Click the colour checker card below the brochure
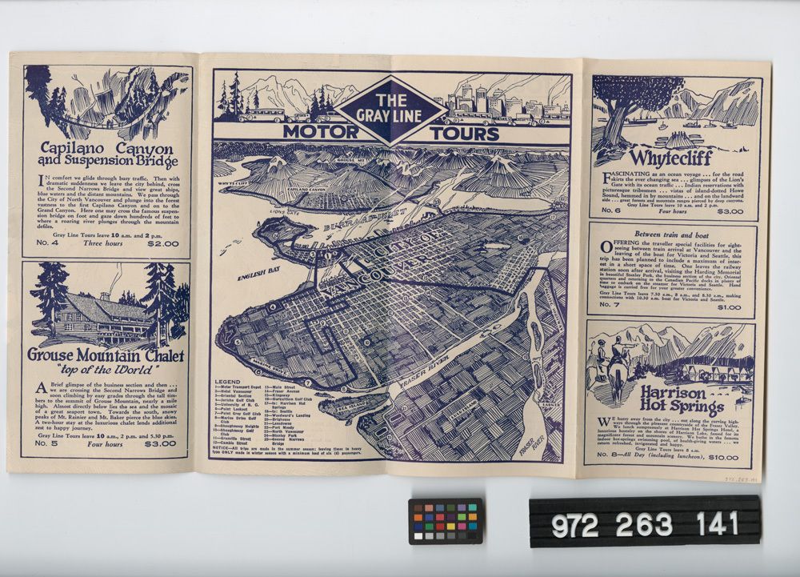click(446, 521)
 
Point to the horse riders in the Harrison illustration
click(610, 360)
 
